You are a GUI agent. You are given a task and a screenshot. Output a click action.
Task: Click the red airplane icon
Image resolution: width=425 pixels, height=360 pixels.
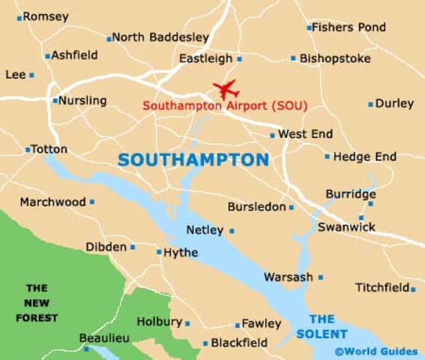[x=225, y=88]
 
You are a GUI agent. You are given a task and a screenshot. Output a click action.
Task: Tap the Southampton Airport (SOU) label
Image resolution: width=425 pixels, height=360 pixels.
[x=225, y=106]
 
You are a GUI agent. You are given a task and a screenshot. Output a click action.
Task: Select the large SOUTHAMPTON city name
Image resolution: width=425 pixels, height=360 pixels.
[x=193, y=160]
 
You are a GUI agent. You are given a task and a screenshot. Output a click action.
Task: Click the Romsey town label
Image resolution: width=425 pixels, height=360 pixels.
[x=46, y=16]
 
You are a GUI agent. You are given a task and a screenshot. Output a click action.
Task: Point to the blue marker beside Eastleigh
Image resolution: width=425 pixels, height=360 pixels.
[x=239, y=58]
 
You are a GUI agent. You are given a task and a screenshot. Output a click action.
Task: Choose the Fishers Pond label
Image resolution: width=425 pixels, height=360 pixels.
[x=349, y=27]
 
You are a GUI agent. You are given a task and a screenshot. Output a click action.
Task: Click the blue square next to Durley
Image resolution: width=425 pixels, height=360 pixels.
[x=370, y=104]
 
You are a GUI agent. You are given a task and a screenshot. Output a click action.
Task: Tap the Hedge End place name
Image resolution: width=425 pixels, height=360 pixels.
[x=365, y=157]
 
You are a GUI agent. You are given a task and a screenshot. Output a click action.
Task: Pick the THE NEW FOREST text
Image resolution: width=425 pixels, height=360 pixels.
[x=37, y=303]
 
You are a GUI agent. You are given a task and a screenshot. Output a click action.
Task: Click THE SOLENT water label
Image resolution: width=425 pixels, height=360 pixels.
[x=322, y=326]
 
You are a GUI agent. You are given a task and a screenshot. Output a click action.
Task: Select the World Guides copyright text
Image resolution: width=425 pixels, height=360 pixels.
[x=376, y=351]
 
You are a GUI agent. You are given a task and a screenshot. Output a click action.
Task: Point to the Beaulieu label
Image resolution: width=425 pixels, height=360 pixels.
[x=104, y=338]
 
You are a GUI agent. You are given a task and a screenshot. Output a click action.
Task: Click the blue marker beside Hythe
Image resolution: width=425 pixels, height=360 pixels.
[x=159, y=252]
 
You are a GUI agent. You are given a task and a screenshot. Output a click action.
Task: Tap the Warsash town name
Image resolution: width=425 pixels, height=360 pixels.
[x=289, y=277]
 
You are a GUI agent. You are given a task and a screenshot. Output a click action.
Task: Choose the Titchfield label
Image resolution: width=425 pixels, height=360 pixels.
[x=382, y=287]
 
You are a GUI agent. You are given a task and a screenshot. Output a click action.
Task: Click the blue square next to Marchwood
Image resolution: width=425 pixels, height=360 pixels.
[x=92, y=202]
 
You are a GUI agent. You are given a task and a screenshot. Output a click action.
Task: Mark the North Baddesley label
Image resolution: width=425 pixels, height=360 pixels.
[x=160, y=37]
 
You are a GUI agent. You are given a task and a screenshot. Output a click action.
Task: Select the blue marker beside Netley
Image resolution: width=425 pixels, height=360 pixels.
[x=232, y=231]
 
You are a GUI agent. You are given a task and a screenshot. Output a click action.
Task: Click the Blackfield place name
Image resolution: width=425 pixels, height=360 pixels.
[x=239, y=343]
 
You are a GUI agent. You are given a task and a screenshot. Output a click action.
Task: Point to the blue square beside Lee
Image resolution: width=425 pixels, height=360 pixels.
[x=31, y=75]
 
